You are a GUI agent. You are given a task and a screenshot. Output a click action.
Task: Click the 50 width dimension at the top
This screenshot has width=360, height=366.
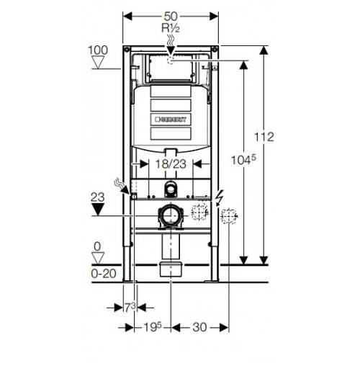point(171,17)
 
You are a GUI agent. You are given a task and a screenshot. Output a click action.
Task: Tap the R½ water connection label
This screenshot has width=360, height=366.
point(171,28)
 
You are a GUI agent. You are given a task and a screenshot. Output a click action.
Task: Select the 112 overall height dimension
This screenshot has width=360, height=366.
point(264,137)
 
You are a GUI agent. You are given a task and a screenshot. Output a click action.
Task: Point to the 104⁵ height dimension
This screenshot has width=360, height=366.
point(243,160)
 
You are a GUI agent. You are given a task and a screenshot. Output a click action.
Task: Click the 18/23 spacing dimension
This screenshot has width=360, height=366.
point(171,164)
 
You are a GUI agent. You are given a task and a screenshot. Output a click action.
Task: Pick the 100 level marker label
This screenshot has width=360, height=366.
point(98,50)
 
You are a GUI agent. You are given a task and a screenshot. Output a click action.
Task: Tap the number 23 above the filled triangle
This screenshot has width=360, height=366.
point(98,197)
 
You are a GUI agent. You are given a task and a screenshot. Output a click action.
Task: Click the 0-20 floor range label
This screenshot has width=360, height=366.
point(104,274)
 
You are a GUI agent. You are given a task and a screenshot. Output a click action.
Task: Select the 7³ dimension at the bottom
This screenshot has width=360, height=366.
point(130,308)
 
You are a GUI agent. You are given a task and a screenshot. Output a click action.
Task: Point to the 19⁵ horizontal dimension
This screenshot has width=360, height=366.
point(153,327)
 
